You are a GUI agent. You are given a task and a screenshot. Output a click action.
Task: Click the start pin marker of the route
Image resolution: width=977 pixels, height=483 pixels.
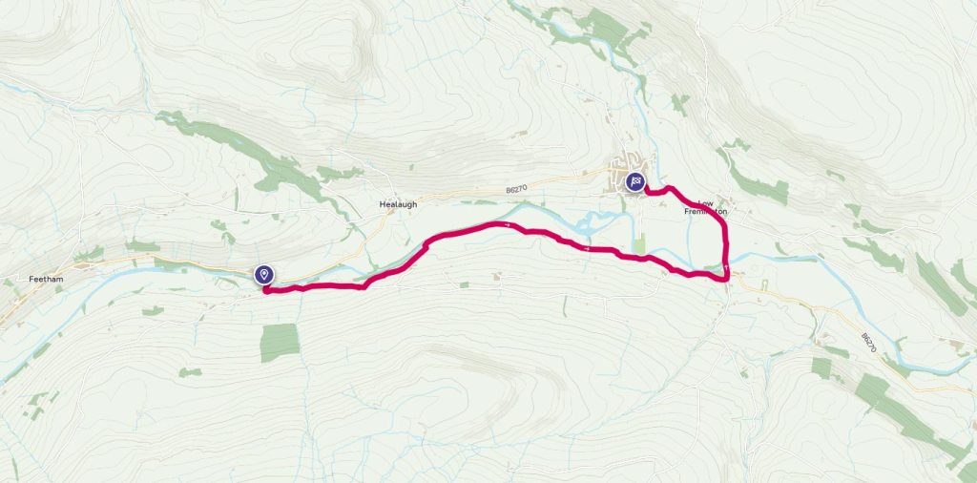263,275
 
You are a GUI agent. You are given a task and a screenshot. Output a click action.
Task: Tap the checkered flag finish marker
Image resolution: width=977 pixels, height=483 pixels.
635,181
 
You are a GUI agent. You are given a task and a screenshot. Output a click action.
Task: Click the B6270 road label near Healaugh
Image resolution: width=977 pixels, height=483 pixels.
516,191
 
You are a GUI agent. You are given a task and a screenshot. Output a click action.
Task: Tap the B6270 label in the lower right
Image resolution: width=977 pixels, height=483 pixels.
866,341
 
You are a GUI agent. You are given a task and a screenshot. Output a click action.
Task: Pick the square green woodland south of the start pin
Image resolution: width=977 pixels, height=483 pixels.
280,342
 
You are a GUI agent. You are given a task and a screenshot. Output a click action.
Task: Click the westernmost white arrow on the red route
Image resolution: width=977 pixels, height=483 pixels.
509,224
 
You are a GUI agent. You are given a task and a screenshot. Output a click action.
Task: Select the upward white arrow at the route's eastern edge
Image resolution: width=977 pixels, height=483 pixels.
726,264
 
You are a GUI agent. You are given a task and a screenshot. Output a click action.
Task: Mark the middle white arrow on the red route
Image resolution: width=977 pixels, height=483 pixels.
589,250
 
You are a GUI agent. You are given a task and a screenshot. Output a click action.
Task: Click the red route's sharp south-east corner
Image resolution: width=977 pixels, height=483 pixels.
727,278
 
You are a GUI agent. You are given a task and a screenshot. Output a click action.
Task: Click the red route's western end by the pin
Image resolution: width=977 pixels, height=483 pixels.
265,290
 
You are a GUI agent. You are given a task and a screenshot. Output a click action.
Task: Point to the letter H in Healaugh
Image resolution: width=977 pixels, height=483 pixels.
380,204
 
